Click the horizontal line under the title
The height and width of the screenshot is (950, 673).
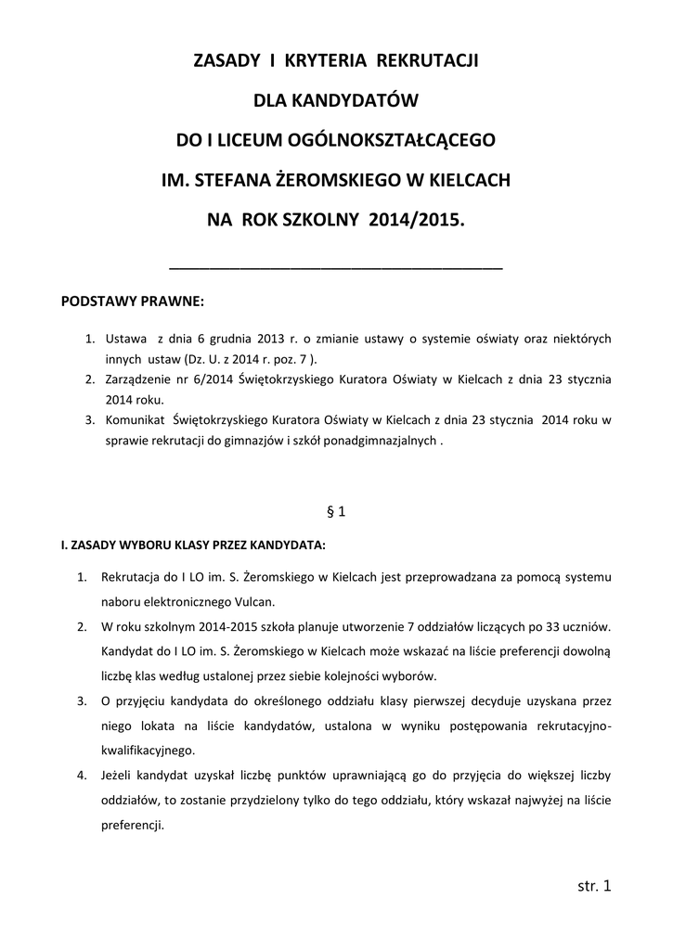(336, 267)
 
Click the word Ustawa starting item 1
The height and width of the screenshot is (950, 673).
(126, 340)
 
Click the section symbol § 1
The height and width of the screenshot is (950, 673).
(336, 510)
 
